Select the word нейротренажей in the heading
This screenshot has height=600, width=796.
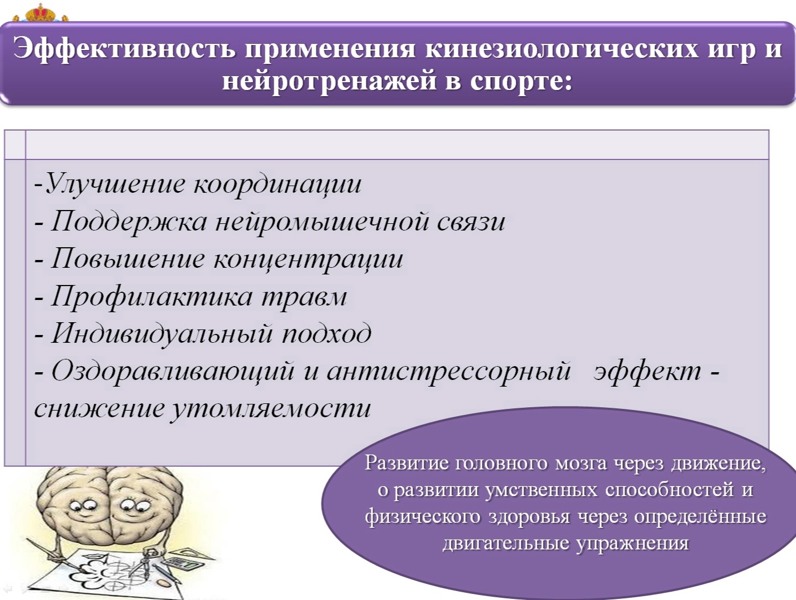329,81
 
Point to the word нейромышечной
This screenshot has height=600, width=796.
321,222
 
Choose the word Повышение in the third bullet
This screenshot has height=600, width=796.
128,259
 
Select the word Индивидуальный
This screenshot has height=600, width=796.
162,334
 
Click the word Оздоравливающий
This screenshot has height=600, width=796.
173,371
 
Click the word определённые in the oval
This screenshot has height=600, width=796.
700,516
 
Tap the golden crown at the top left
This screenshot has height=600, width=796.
41,12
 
